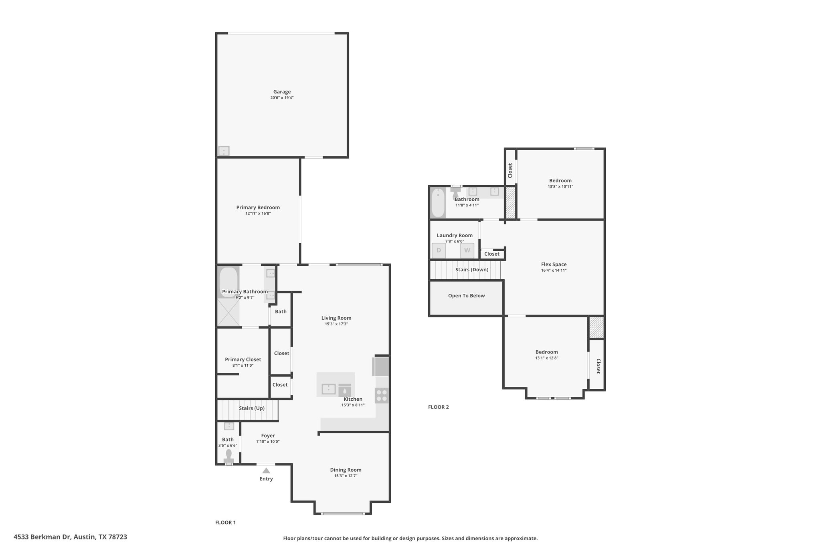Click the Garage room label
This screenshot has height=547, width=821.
282,92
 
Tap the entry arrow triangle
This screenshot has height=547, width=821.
266,470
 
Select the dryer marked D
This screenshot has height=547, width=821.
439,250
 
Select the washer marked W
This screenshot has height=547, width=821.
467,250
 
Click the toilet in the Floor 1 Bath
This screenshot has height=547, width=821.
229,456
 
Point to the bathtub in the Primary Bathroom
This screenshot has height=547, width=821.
229,282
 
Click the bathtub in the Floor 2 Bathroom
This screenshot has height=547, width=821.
438,203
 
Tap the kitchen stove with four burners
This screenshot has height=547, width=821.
382,396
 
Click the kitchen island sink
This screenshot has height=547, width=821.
329,389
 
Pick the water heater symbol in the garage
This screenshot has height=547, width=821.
224,151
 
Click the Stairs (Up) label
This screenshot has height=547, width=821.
252,408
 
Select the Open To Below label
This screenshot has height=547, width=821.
466,296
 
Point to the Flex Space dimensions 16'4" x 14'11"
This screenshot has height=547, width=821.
554,270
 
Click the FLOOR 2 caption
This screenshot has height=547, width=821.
439,407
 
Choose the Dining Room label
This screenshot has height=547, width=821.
346,470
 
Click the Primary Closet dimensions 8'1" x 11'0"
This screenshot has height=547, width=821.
243,365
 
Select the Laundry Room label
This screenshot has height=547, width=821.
455,235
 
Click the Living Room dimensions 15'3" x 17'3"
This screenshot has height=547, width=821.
336,324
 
